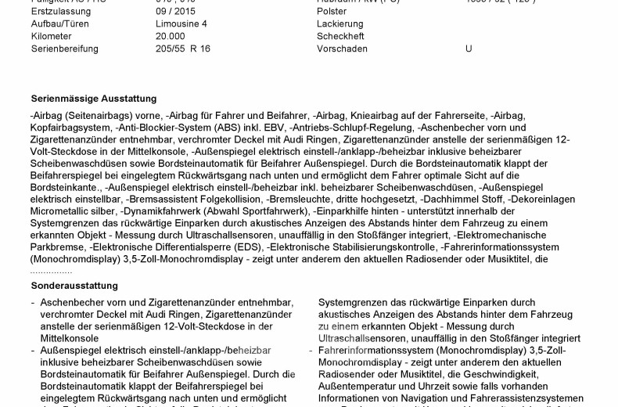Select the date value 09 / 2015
click(x=174, y=12)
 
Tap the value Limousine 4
click(x=181, y=24)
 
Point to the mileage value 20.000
click(x=171, y=36)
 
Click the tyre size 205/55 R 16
click(x=183, y=49)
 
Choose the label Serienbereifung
click(x=65, y=49)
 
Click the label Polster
click(x=332, y=12)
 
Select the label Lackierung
click(x=340, y=24)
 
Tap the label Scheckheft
click(x=340, y=36)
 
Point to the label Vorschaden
click(x=342, y=49)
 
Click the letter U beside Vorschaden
click(x=469, y=49)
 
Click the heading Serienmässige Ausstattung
click(x=94, y=99)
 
